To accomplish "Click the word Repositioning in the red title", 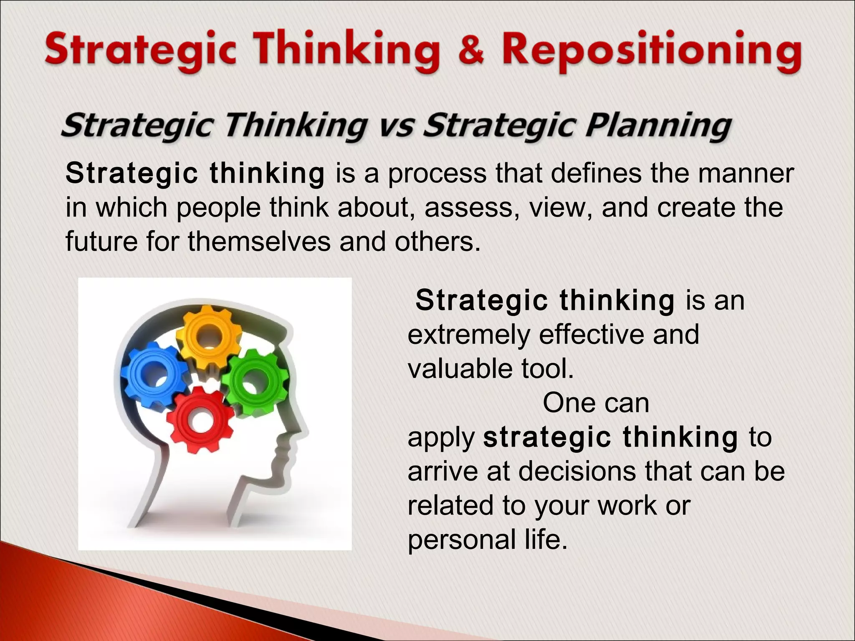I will [651, 52].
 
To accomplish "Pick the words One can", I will [596, 403].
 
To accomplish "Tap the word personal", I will [462, 540].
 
